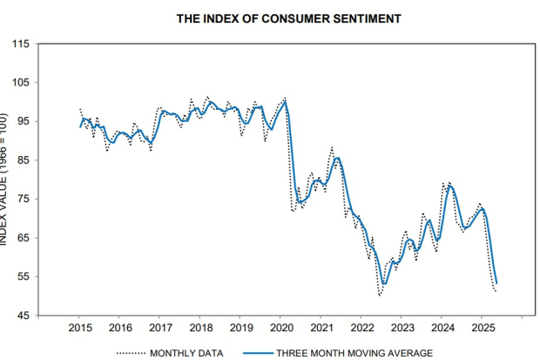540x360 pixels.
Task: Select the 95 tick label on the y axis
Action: (x=22, y=121)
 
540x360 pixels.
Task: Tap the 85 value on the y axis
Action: (x=22, y=160)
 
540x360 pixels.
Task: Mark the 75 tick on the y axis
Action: (x=22, y=199)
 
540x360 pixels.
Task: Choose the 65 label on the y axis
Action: (x=22, y=238)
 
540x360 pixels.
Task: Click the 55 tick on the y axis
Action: (x=22, y=276)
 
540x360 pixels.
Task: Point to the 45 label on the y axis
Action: (x=22, y=316)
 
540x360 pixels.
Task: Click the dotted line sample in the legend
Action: (x=132, y=353)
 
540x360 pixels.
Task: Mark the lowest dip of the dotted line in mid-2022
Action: (x=380, y=296)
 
